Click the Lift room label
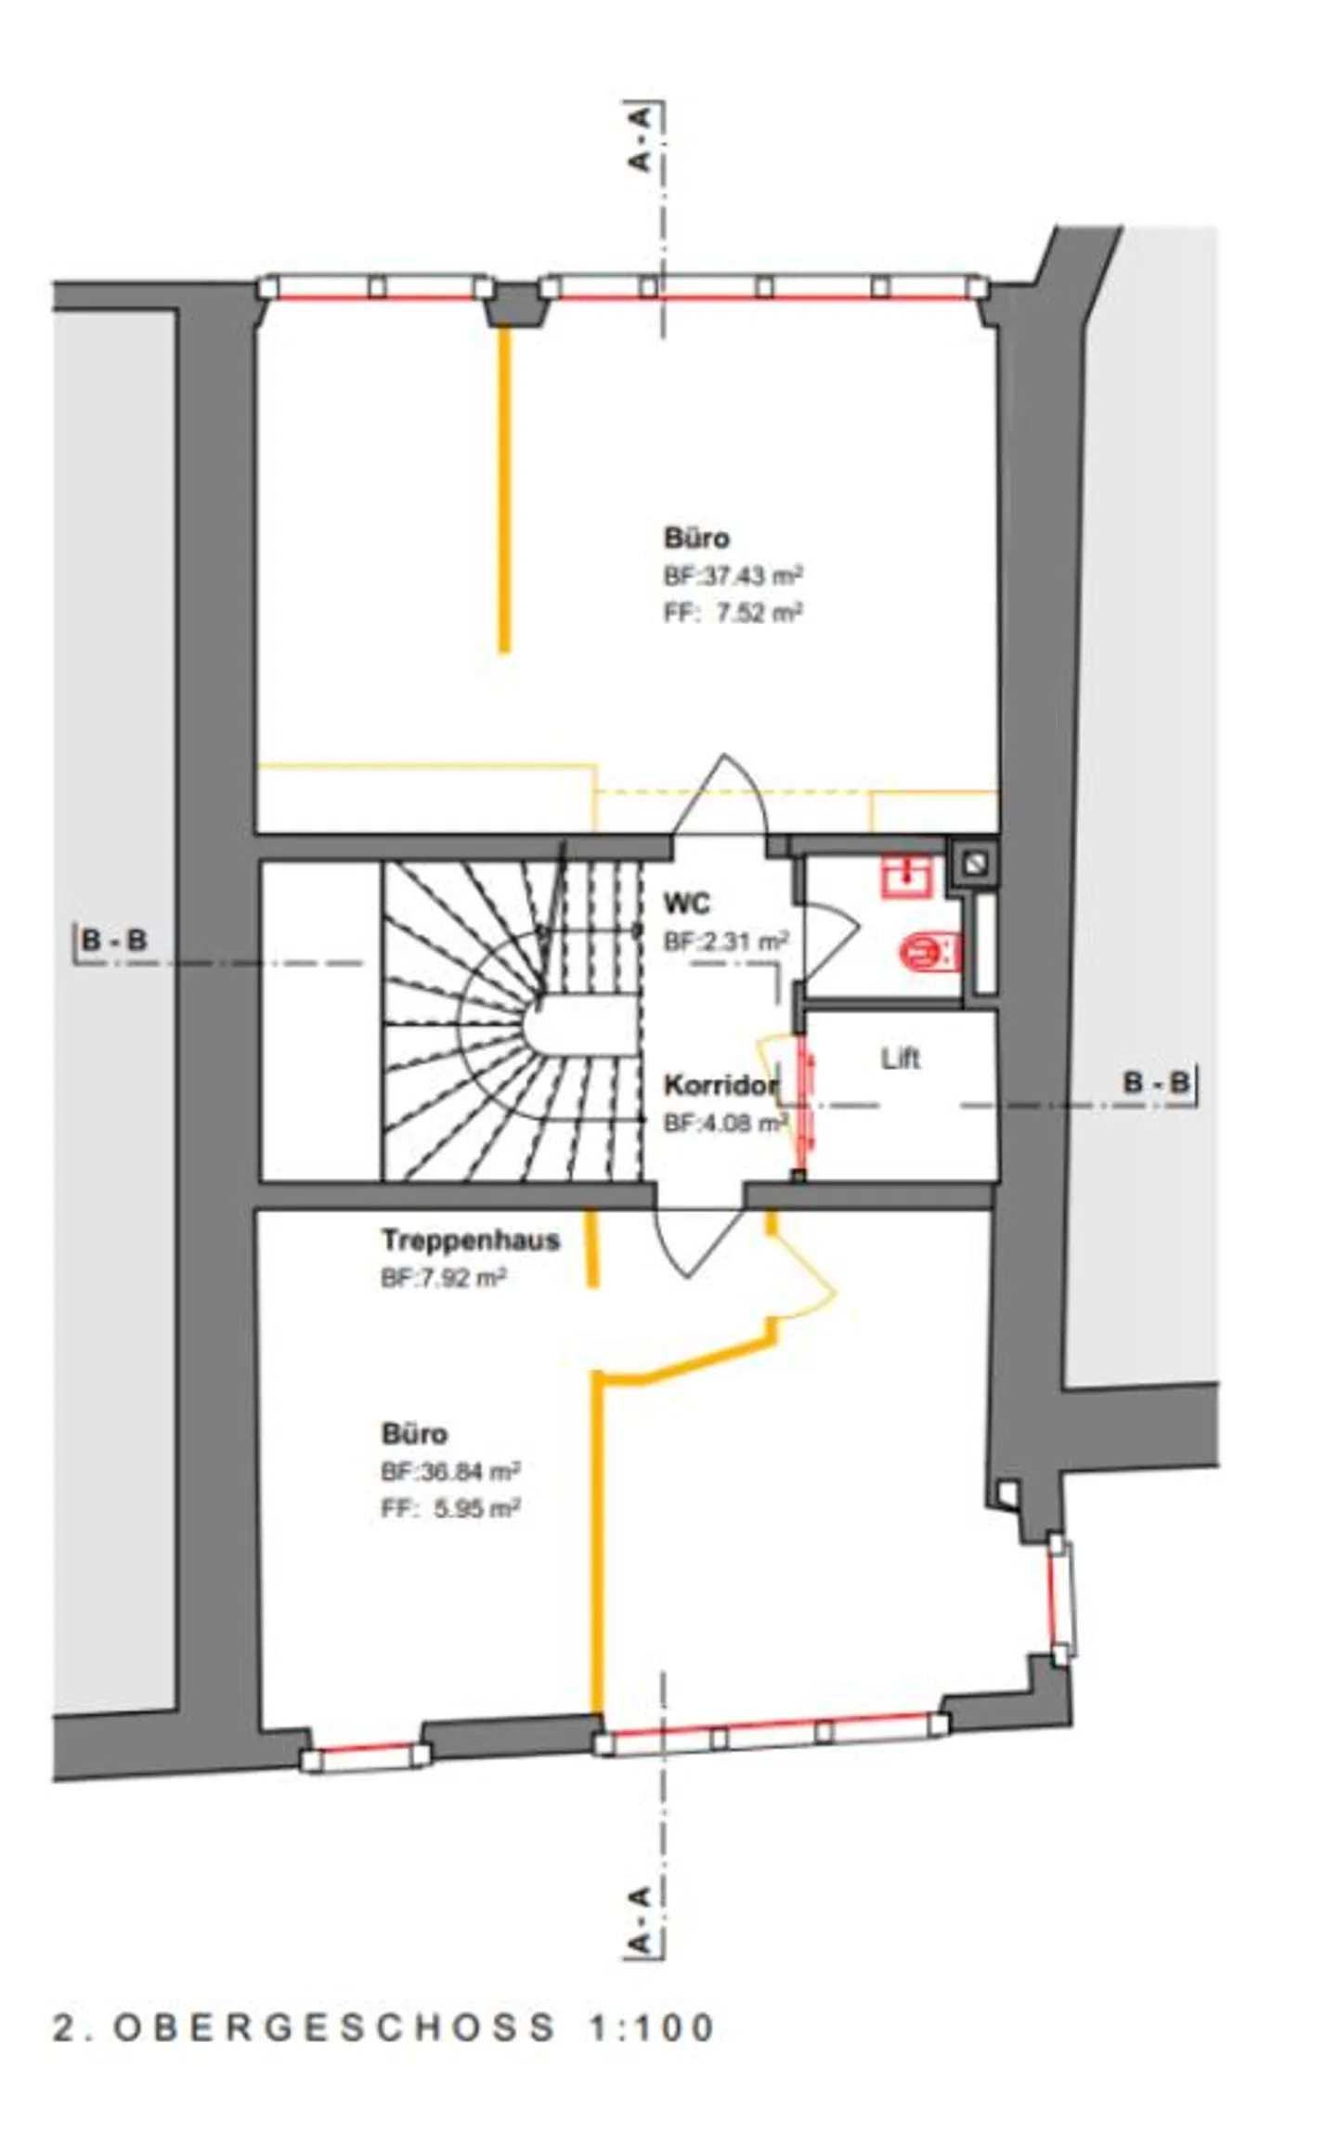pos(900,1058)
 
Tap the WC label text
pos(687,903)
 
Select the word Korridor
pos(720,1085)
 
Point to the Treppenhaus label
pos(471,1240)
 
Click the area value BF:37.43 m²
pos(733,576)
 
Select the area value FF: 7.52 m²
pos(733,613)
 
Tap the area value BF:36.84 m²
pos(450,1471)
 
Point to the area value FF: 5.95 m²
pos(450,1508)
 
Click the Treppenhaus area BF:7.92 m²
pos(444,1279)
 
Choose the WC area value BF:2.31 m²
pos(726,941)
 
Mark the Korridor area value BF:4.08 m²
pos(725,1124)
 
